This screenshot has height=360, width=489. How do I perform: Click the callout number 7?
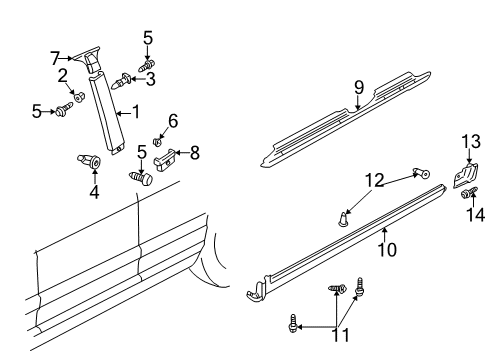point(55,59)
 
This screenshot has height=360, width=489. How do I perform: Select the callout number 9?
point(359,87)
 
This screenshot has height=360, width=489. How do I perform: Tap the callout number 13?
point(471,141)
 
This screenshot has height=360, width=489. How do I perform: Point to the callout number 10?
point(387,249)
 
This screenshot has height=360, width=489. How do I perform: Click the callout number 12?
point(375,180)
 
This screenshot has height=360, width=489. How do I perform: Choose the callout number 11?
point(340,335)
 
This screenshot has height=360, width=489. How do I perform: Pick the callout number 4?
point(94,192)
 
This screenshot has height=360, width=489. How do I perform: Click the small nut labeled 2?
point(79,97)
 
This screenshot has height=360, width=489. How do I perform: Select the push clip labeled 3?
point(122,80)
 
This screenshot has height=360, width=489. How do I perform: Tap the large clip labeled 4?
point(89,161)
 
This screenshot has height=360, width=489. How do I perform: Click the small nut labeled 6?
point(158,142)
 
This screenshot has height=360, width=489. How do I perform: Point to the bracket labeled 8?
point(164,160)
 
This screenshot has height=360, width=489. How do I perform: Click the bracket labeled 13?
point(465,175)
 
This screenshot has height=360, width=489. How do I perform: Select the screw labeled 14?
point(469,192)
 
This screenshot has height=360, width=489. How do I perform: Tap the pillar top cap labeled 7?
point(88,59)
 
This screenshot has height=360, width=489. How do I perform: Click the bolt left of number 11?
point(293,323)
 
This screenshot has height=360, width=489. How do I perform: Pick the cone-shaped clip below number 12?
point(343,220)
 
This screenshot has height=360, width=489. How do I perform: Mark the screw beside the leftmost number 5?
point(64,109)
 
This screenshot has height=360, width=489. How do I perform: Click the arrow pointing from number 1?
point(124,114)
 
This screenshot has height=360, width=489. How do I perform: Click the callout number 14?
point(476,214)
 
